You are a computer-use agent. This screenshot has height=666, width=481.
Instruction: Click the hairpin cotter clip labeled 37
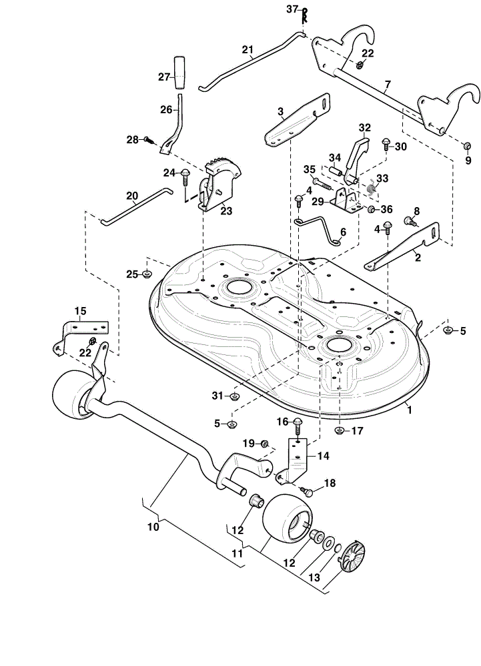pos(304,16)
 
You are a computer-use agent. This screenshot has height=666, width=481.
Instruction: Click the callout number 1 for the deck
pos(410,410)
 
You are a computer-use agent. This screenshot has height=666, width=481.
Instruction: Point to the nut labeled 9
pos(466,146)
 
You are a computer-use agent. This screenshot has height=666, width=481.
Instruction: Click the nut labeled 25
pos(147,274)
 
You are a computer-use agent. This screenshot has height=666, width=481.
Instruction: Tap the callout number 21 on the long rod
pos(248,50)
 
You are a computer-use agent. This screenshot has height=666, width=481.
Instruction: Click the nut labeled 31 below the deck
pos(233,397)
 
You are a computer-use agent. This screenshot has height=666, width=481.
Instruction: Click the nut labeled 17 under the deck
pos(339,431)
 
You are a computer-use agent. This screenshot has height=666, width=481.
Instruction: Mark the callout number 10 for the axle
pos(153,527)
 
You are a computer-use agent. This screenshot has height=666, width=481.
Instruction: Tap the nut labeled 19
pos(264,444)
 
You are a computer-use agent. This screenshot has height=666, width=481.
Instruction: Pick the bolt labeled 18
pos(306,491)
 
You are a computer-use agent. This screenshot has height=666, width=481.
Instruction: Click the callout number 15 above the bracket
pos(80,311)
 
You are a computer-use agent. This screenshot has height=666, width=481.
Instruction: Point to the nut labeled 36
pos(371,209)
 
